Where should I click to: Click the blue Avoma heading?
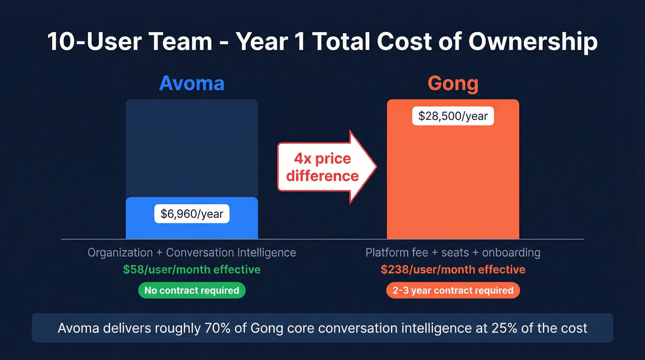point(192,84)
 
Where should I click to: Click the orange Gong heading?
point(453,84)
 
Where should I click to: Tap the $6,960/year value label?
point(192,214)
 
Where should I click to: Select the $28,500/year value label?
point(453,116)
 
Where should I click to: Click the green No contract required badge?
point(192,290)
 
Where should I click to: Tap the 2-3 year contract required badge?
point(453,290)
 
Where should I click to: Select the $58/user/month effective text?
point(192,270)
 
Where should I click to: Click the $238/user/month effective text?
point(453,270)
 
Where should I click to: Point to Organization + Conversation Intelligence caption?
point(192,253)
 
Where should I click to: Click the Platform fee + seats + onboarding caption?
point(453,253)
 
